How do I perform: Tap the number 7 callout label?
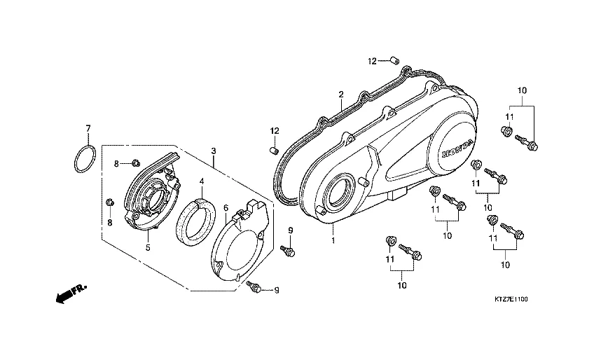[x=88, y=128]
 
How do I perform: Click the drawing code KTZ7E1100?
[x=511, y=299]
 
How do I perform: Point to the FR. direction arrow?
[x=71, y=293]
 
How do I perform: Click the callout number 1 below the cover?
[x=333, y=240]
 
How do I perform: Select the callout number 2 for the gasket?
[x=341, y=95]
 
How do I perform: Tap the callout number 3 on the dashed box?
[x=214, y=151]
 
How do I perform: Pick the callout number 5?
[x=148, y=248]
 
